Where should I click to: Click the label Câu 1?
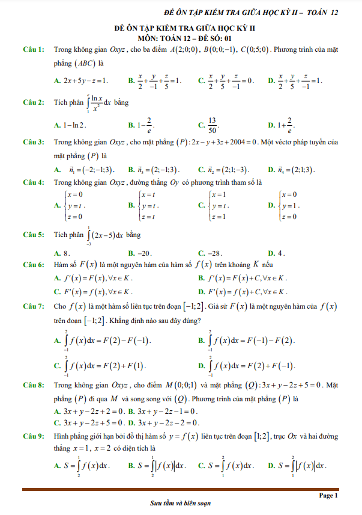[x=33, y=49]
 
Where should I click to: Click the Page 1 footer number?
[x=329, y=495]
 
